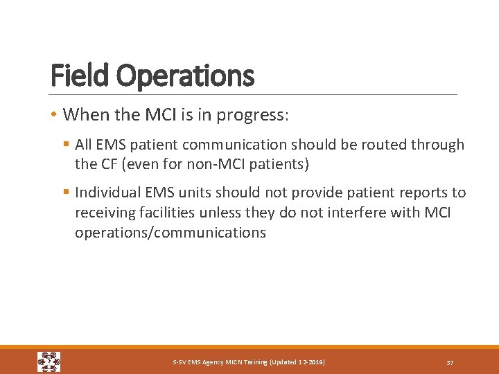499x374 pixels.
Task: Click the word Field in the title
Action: tap(78, 75)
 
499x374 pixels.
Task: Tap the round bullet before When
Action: tap(54, 114)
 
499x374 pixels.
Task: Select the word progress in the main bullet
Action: tap(251, 116)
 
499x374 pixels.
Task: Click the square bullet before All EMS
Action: tap(67, 145)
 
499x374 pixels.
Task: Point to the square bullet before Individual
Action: tap(67, 193)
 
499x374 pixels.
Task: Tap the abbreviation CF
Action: tap(110, 165)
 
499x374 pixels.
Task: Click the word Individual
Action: tap(107, 193)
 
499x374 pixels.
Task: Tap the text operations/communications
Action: tap(170, 233)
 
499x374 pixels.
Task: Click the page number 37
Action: tap(450, 363)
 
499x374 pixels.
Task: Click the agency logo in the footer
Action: tap(49, 362)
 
